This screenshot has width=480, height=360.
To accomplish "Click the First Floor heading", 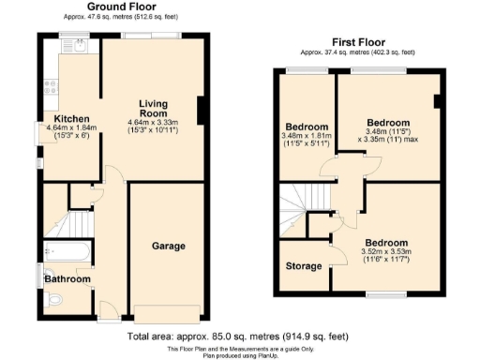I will pyautogui.click(x=358, y=42).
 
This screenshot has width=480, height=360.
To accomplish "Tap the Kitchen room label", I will pyautogui.click(x=71, y=119).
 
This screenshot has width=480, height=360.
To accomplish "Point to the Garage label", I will pyautogui.click(x=169, y=246).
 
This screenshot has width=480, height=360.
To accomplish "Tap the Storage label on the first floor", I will pyautogui.click(x=304, y=265).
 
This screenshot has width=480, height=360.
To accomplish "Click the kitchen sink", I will pyautogui.click(x=70, y=45).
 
